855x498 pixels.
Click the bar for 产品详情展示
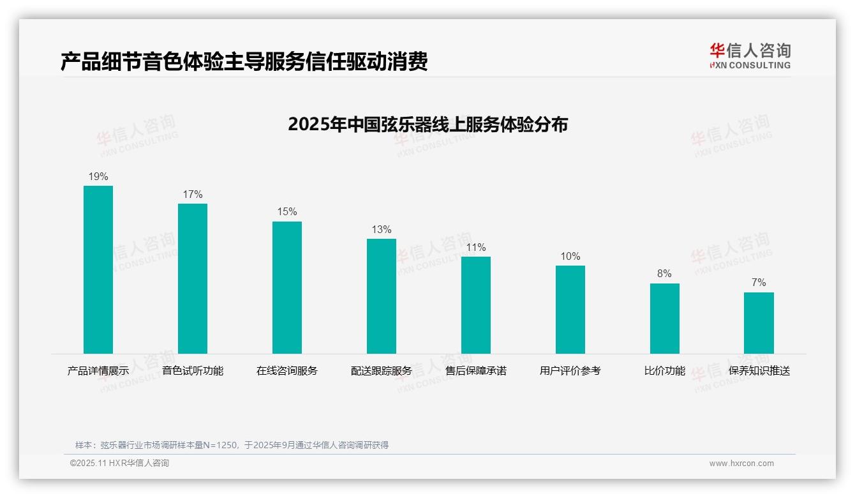[98, 269]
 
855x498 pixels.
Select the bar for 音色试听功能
[193, 278]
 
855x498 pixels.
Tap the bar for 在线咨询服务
[287, 287]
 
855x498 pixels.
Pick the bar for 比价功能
[664, 318]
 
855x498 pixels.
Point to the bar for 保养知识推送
[759, 322]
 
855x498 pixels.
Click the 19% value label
[98, 177]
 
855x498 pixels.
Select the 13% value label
[382, 230]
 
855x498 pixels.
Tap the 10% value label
[570, 257]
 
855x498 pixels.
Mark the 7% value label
[759, 283]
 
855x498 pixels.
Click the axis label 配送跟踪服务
[382, 371]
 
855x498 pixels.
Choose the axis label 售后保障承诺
[476, 371]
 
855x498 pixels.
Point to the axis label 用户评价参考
[570, 371]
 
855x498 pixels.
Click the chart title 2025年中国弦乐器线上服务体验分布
[427, 124]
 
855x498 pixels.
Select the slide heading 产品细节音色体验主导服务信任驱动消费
[244, 62]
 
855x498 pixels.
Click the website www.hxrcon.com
[741, 464]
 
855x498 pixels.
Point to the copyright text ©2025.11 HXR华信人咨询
[120, 464]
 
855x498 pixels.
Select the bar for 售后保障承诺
[476, 305]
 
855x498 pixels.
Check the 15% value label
[287, 212]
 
